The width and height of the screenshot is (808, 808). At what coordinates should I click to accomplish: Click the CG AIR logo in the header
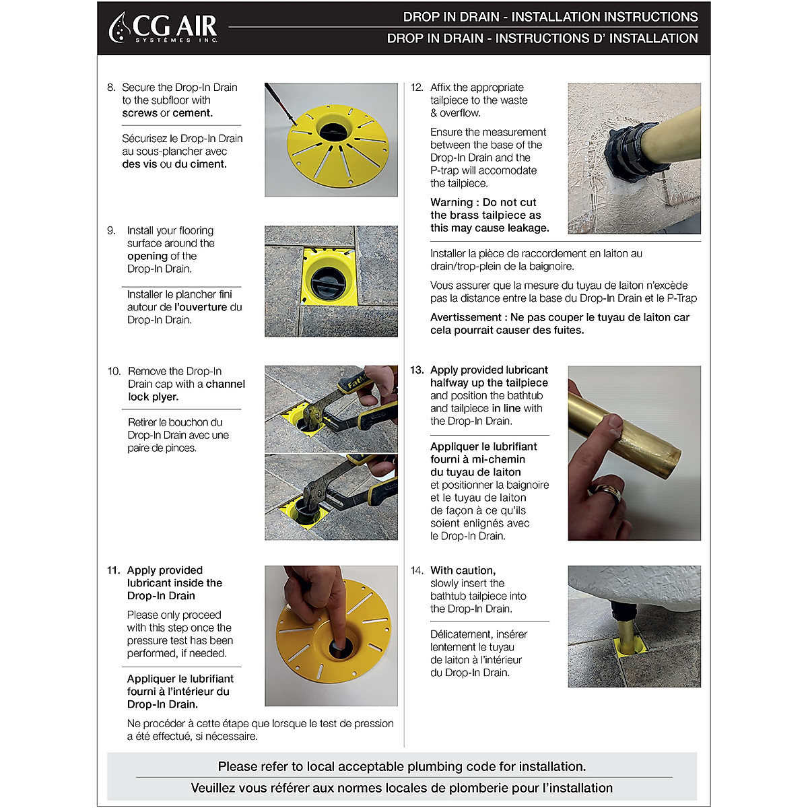point(163,28)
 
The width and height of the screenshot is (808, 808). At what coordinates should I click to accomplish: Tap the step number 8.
point(110,88)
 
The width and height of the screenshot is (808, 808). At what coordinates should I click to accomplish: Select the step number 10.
point(114,371)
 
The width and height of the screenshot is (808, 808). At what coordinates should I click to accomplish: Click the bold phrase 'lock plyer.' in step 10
point(154,397)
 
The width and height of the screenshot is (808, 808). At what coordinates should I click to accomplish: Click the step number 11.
point(113,570)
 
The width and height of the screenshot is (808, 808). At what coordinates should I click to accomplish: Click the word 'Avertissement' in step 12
point(466,317)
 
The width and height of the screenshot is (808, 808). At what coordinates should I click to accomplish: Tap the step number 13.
point(417,370)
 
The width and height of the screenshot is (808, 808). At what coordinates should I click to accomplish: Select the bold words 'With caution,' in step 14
point(463,570)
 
